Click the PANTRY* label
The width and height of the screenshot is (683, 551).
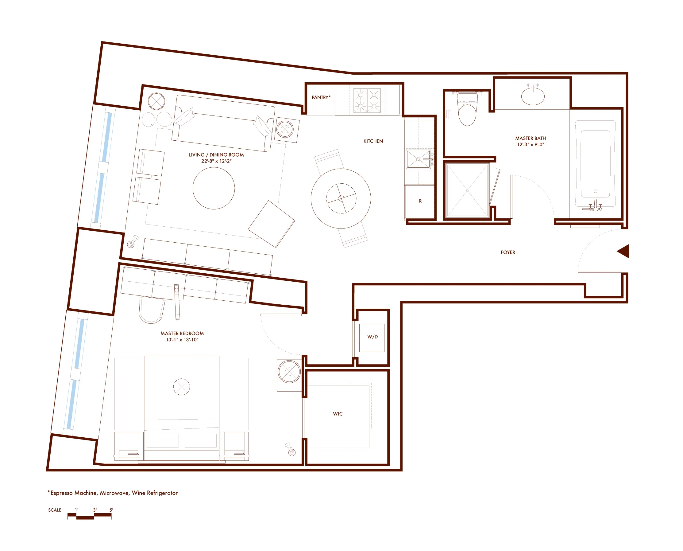pos(321,97)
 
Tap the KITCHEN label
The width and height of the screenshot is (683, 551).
pos(373,141)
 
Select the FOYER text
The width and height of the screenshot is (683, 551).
pos(508,252)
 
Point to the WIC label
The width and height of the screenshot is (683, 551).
pos(338,414)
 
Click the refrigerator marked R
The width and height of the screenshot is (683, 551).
pos(420,201)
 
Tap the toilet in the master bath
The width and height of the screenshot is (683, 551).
pos(467,111)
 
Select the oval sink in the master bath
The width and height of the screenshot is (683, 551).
pos(533,96)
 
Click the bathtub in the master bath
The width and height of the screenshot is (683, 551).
pos(595,163)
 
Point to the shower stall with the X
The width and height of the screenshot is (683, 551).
pos(467,190)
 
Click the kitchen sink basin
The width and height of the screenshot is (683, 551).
pos(418,159)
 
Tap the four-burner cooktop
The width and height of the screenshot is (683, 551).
pos(367,100)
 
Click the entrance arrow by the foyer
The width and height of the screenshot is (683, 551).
pos(623,251)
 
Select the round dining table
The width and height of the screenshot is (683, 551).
pos(341,198)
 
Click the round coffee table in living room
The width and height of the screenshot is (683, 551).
pos(214,188)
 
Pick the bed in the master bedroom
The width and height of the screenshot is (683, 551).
pos(181,406)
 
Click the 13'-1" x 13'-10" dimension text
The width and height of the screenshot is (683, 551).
pos(182,340)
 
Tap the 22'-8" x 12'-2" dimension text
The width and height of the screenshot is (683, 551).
pos(216,161)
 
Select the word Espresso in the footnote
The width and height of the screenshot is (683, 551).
pos(63,493)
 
